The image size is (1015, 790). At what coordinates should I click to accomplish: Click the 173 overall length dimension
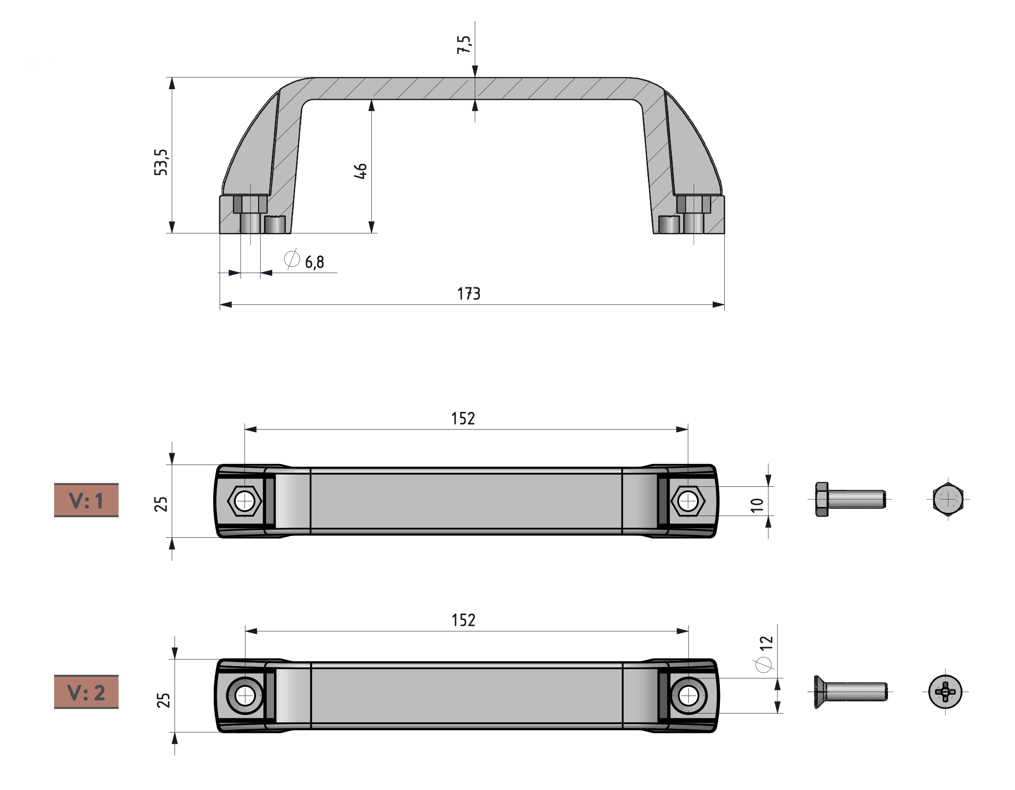click(x=468, y=294)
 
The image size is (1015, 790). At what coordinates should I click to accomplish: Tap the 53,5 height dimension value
click(x=161, y=162)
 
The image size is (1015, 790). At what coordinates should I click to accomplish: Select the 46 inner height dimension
click(x=361, y=171)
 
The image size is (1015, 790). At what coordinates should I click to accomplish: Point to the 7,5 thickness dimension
click(x=464, y=44)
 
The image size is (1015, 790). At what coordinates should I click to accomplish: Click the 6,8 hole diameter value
click(x=314, y=262)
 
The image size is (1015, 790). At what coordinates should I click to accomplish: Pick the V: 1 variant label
click(x=87, y=500)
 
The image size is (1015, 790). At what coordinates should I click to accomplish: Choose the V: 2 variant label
click(x=87, y=692)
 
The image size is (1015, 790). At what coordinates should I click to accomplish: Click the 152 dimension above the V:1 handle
click(x=463, y=418)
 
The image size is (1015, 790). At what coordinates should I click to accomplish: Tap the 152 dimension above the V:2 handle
click(x=464, y=620)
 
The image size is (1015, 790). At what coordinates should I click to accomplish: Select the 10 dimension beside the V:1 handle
click(x=757, y=505)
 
